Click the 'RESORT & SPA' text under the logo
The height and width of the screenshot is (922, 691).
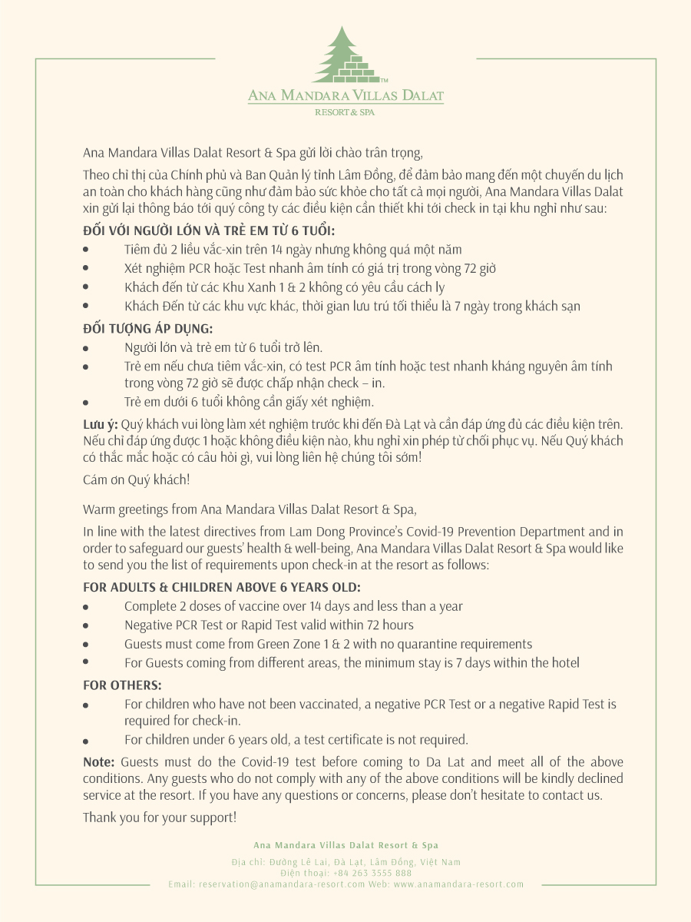[345, 112]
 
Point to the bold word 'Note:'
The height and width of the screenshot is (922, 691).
[99, 761]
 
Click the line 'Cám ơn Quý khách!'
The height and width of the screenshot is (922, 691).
[136, 479]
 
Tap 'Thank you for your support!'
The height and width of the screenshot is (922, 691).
[160, 817]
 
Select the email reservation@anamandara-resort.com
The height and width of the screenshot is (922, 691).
[282, 884]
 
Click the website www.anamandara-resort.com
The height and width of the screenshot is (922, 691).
[458, 884]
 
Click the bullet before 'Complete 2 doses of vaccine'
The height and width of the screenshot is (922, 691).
[86, 607]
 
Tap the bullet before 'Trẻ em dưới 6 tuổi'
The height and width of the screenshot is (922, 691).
[86, 403]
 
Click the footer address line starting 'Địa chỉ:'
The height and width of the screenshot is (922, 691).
[345, 862]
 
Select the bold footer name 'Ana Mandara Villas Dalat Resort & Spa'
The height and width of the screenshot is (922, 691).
[345, 845]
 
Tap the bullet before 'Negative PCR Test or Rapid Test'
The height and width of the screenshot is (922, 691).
[86, 626]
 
